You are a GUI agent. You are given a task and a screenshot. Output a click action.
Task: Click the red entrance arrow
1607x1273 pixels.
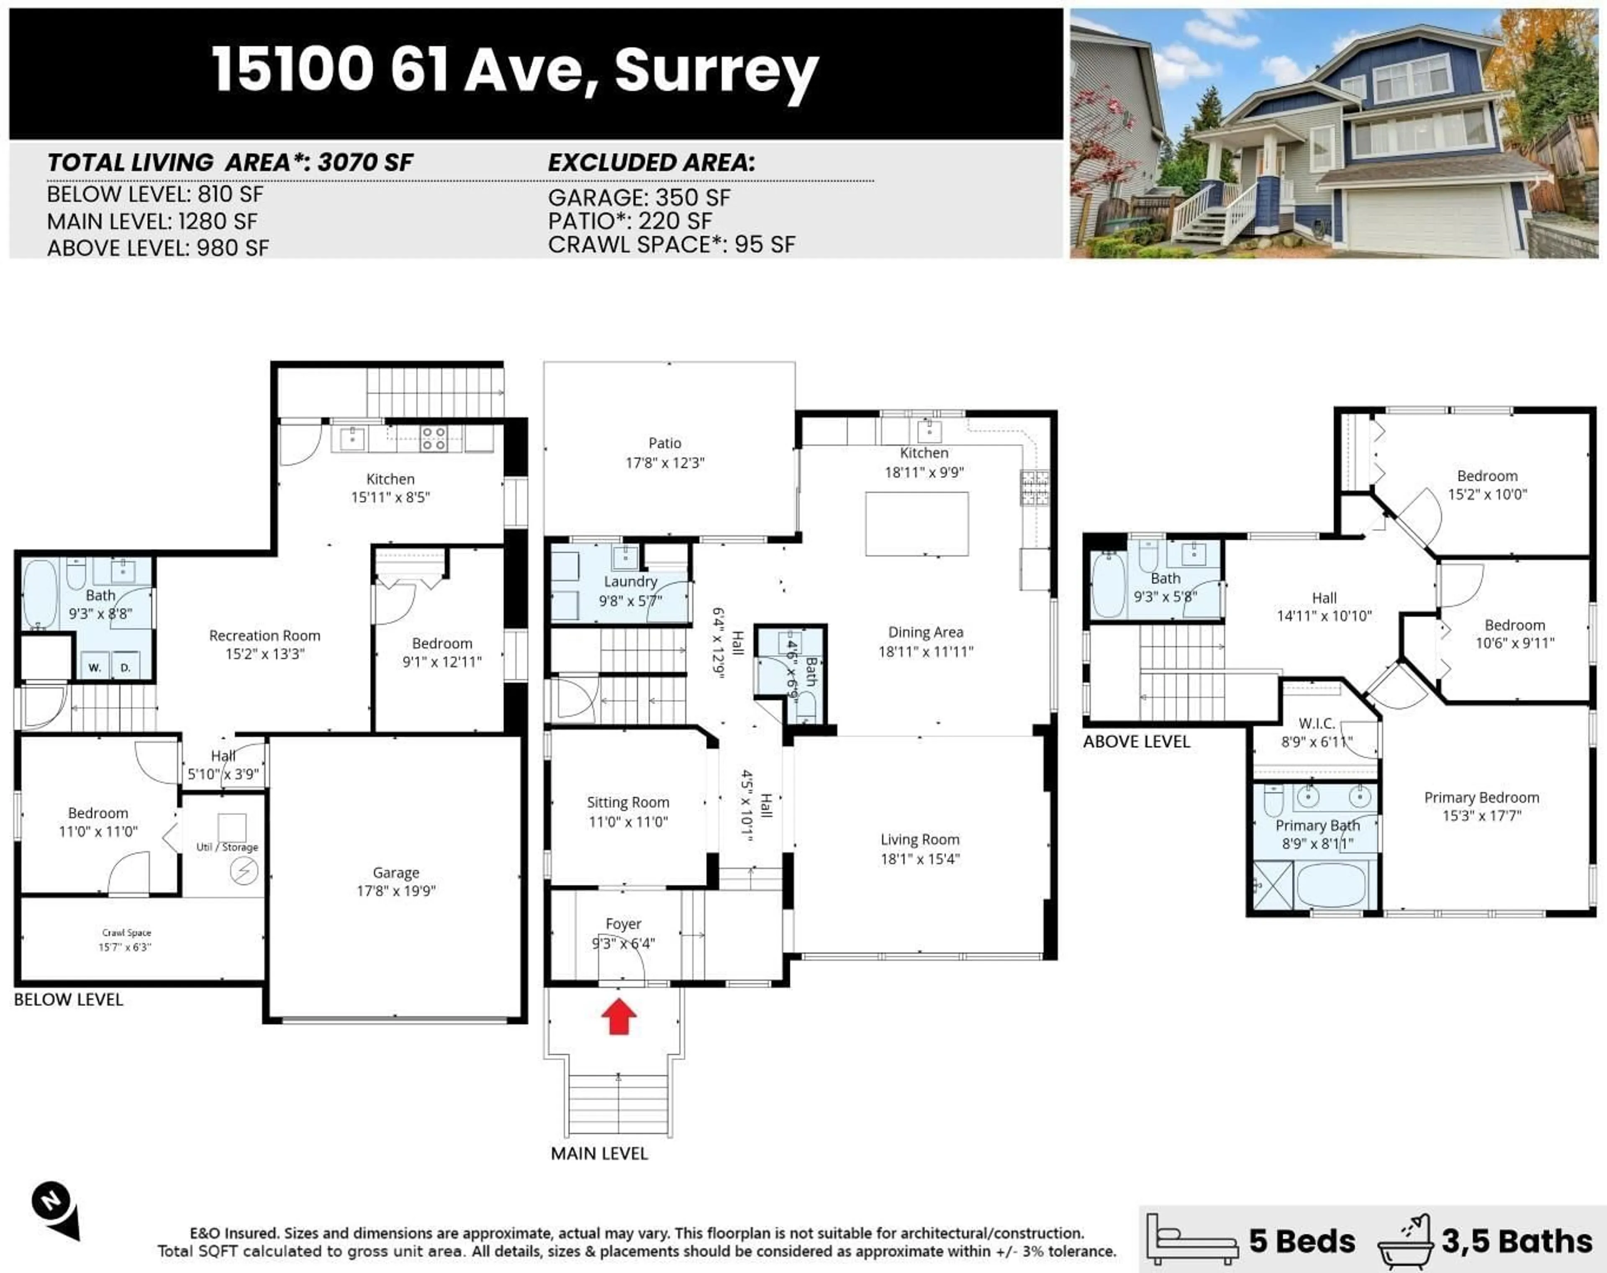(619, 1017)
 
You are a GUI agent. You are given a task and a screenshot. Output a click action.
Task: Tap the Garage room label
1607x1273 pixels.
(396, 872)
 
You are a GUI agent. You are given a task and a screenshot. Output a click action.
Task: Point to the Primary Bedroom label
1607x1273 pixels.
(1481, 798)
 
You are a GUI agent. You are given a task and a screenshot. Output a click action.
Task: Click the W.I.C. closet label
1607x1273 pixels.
(1316, 723)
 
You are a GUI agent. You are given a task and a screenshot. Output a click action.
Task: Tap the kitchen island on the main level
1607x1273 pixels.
(917, 524)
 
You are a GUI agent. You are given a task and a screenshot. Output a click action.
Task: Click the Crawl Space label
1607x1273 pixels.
(127, 932)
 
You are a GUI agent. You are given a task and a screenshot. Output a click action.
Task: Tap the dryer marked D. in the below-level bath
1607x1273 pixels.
(125, 667)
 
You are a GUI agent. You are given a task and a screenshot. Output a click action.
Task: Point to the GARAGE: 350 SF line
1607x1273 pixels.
(639, 198)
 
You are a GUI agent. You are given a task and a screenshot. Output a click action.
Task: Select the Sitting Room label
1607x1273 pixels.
(628, 803)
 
